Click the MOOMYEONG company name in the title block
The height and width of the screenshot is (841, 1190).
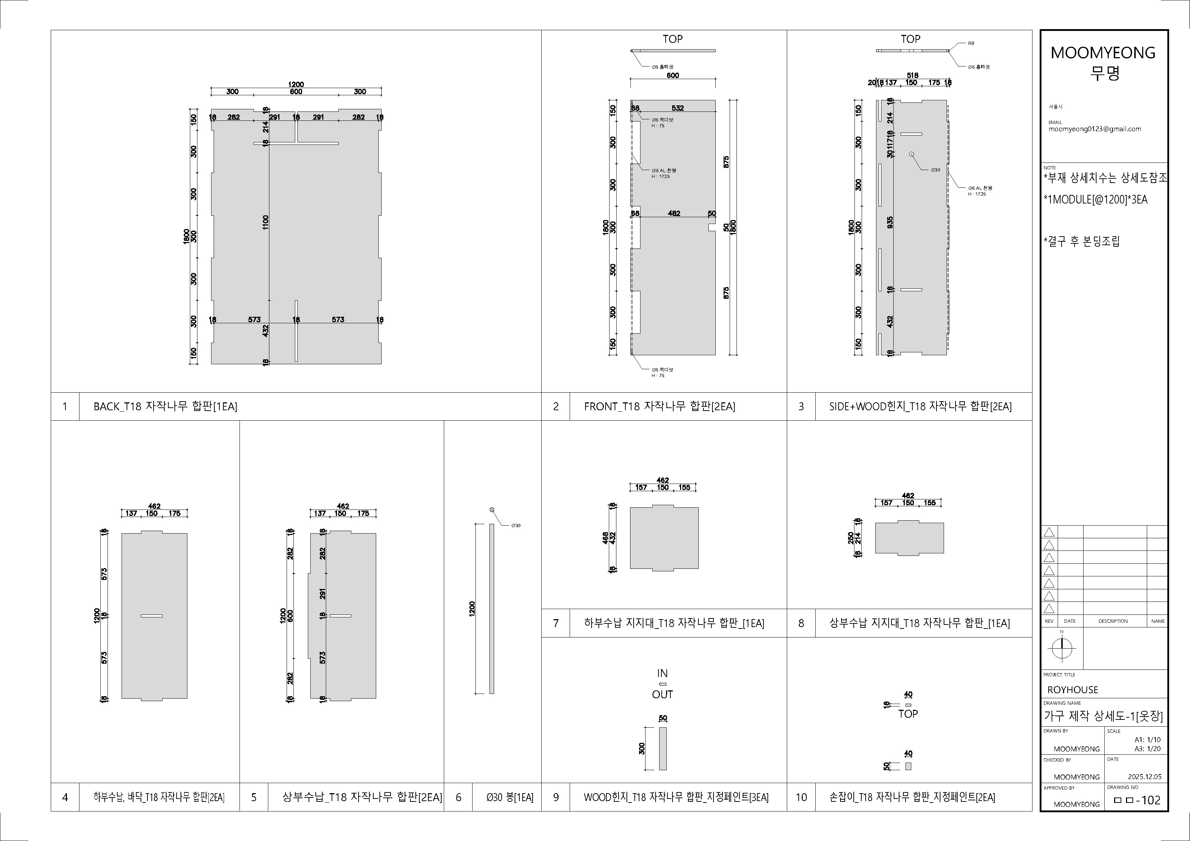pos(1102,53)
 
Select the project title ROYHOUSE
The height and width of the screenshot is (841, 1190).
pos(1072,690)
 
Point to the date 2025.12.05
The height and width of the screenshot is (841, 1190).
pos(1144,777)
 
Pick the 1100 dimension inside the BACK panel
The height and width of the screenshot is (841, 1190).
pos(265,223)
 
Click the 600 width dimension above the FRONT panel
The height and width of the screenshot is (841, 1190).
pos(673,75)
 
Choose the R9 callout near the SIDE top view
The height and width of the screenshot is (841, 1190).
pos(971,44)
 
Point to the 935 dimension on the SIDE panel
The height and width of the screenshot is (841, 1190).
pos(890,222)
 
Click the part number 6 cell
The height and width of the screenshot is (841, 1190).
pos(458,797)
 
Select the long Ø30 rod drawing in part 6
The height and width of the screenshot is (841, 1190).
pos(491,608)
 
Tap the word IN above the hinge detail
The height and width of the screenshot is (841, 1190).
pos(662,673)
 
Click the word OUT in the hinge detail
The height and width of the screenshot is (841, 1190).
pos(662,694)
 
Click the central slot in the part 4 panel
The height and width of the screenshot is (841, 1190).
pos(151,616)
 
